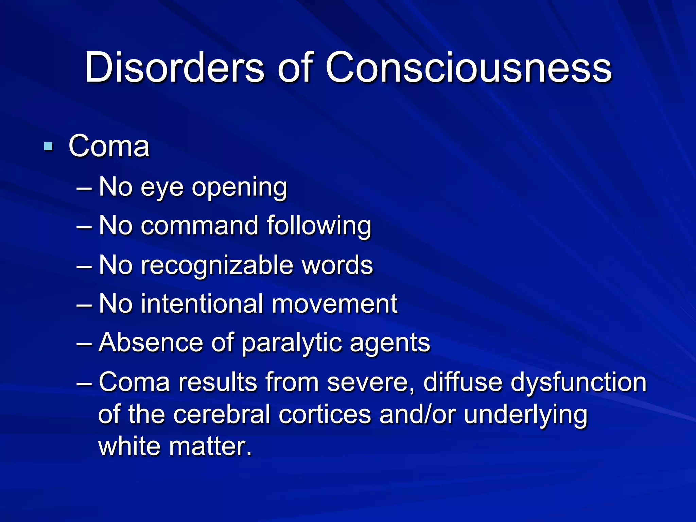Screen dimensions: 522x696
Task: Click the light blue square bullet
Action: coord(49,147)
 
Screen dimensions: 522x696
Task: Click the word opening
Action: coord(240,188)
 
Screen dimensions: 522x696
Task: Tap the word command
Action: coord(199,226)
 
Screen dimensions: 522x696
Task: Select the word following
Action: coord(319,226)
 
